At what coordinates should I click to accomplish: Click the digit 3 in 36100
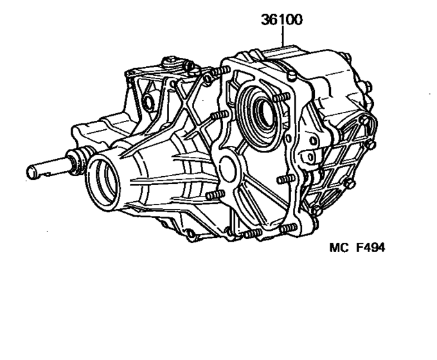[265, 19]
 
